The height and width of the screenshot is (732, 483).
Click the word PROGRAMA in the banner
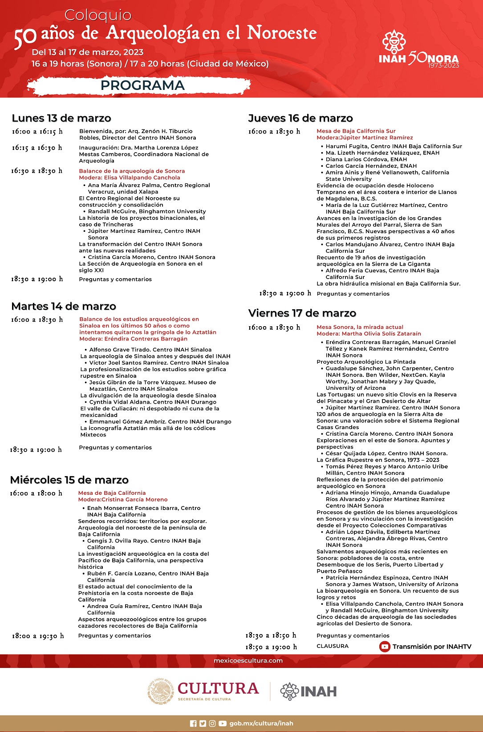[142, 85]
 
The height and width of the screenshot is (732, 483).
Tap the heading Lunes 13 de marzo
[61, 118]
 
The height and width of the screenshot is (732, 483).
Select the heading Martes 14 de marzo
[64, 306]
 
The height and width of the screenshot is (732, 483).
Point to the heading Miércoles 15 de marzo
[69, 480]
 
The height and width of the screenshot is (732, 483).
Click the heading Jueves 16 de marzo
[300, 118]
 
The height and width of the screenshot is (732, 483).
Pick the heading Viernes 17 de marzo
[302, 313]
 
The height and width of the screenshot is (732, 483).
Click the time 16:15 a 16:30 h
[37, 148]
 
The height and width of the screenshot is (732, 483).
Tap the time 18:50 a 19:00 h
[271, 647]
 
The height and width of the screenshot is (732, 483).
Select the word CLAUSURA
[333, 646]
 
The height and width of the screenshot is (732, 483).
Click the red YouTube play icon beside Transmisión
[385, 647]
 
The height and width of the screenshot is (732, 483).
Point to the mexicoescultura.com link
[248, 660]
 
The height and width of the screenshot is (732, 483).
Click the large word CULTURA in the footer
[218, 688]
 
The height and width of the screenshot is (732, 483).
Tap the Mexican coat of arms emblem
[160, 691]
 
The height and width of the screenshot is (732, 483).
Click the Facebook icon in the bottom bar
[193, 724]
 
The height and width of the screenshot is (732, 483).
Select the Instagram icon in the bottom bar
[212, 724]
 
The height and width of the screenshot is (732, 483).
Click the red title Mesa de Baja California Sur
[356, 131]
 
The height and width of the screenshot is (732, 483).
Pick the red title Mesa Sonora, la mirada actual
[360, 327]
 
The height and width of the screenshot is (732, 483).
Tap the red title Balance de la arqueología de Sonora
[132, 171]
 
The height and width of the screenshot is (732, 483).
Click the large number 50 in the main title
[25, 38]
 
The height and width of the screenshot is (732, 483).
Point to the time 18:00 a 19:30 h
[37, 636]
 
